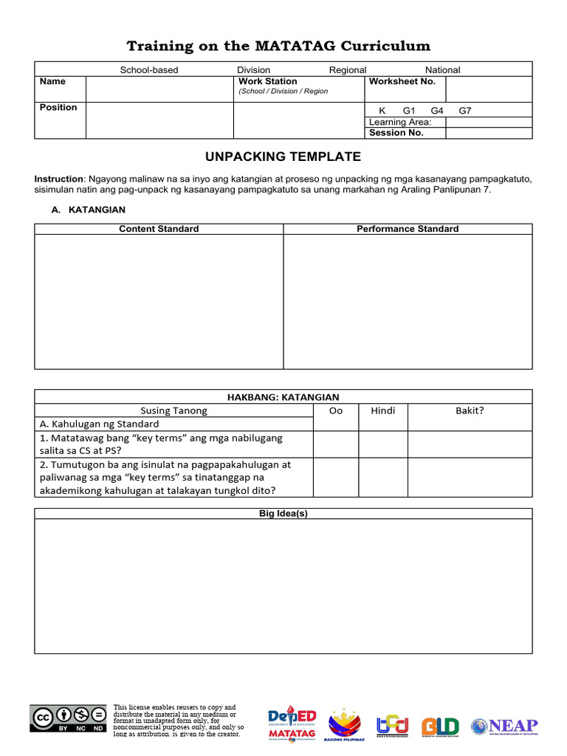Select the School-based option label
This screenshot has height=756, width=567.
coord(149,70)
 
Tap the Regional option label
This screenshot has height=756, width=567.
coord(347,70)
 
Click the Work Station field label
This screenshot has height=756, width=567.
coord(267,81)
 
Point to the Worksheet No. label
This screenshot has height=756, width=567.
coord(402,81)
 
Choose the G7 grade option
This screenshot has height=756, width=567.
coord(465,111)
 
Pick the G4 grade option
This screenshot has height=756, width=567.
coord(437,111)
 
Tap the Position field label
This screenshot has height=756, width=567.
coord(58,108)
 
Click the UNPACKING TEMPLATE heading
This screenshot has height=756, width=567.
coord(283,157)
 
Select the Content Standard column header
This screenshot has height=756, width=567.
coord(159,229)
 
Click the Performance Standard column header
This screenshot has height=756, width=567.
coord(408,229)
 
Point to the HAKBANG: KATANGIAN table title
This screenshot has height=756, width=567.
coord(283,397)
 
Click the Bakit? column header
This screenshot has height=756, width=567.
coord(470,410)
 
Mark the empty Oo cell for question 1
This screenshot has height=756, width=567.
coord(336,444)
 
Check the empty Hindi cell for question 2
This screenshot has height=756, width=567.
coord(382,477)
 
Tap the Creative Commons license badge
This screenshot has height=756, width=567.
coord(68,718)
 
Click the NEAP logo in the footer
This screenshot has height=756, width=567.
coord(505,726)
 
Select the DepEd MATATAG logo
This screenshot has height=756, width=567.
coord(292,723)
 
